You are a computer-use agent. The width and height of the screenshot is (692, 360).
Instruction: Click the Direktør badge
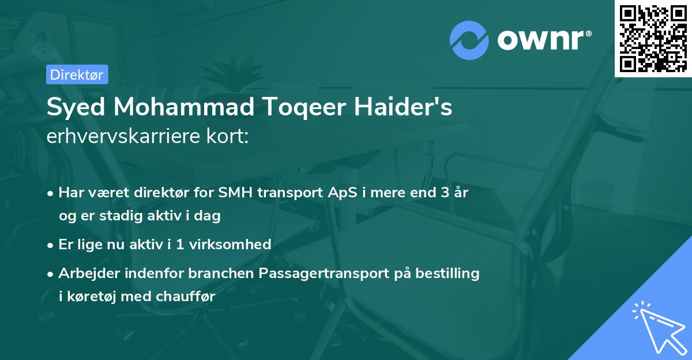pyautogui.click(x=77, y=74)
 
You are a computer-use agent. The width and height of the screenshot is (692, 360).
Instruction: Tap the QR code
pyautogui.click(x=653, y=39)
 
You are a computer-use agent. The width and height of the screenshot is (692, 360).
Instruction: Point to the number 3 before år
pyautogui.click(x=445, y=193)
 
